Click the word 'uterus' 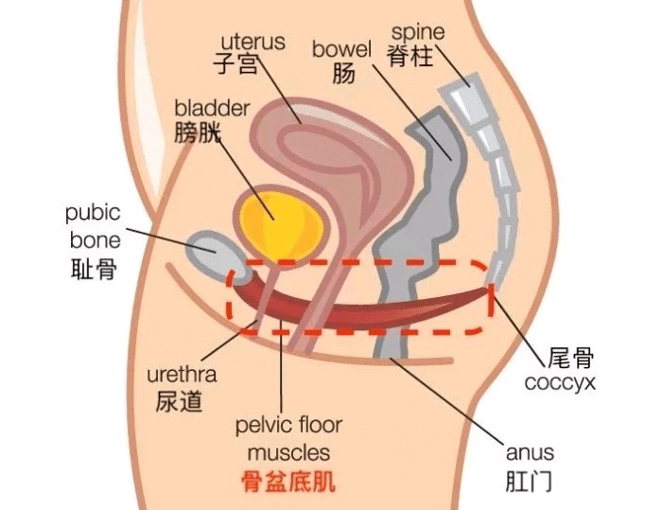coord(253,42)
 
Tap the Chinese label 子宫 coord(235,63)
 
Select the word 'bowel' coord(341,49)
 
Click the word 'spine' coord(418,33)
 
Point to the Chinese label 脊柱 coord(410,56)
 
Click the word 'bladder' coord(213,108)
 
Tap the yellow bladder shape coord(280,225)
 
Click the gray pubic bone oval coord(217,255)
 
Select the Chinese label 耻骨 coord(94,269)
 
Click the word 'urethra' coord(182,375)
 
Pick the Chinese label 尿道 coord(179,400)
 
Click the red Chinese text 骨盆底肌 coord(288,482)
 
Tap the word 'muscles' coord(288,452)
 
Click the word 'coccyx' coord(560,382)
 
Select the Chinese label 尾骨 coord(571,358)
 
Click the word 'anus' coord(530,452)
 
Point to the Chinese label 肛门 coord(529,481)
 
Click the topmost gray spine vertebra coord(462,98)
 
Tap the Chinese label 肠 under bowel coord(343,73)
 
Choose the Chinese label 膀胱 coord(198,132)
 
